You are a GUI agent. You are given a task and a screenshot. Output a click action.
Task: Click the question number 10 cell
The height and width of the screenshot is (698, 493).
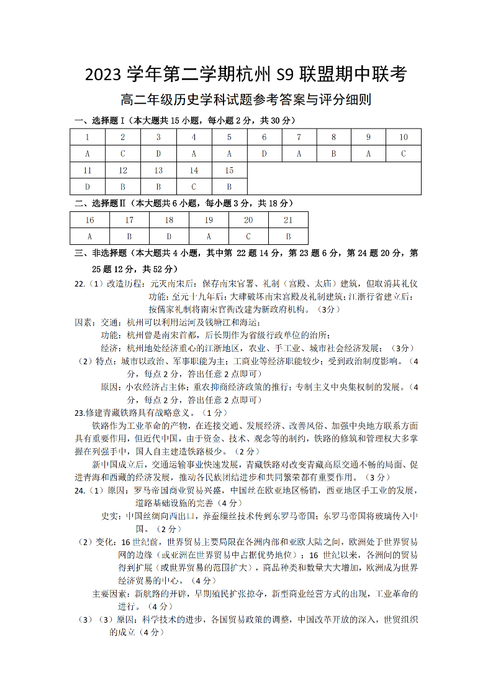[403, 137]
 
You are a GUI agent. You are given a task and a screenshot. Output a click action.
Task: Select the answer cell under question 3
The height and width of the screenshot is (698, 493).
[158, 154]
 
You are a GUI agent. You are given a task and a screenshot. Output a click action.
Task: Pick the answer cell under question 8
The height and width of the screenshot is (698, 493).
[333, 154]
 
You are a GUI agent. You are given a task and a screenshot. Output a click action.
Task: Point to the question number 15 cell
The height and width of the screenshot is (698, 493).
[229, 170]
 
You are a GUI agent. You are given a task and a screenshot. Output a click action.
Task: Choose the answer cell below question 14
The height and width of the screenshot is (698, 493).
[194, 186]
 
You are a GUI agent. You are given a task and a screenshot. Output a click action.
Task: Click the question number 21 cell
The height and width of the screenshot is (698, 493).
[288, 220]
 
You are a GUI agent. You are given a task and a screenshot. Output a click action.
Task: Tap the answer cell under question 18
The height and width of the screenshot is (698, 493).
[169, 236]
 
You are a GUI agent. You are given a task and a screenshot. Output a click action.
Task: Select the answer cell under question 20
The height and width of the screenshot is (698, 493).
[248, 236]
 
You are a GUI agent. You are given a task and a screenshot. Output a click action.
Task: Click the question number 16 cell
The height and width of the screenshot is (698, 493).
[89, 220]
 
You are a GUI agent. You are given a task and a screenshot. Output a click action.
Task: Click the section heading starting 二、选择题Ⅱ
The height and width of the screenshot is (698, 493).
[184, 203]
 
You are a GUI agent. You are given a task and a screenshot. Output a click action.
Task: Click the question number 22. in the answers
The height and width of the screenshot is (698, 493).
[80, 283]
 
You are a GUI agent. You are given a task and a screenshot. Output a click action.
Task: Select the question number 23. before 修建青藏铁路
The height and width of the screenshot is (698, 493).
[80, 412]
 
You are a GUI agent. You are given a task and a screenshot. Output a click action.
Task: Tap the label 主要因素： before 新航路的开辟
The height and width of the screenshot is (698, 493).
[112, 594]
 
